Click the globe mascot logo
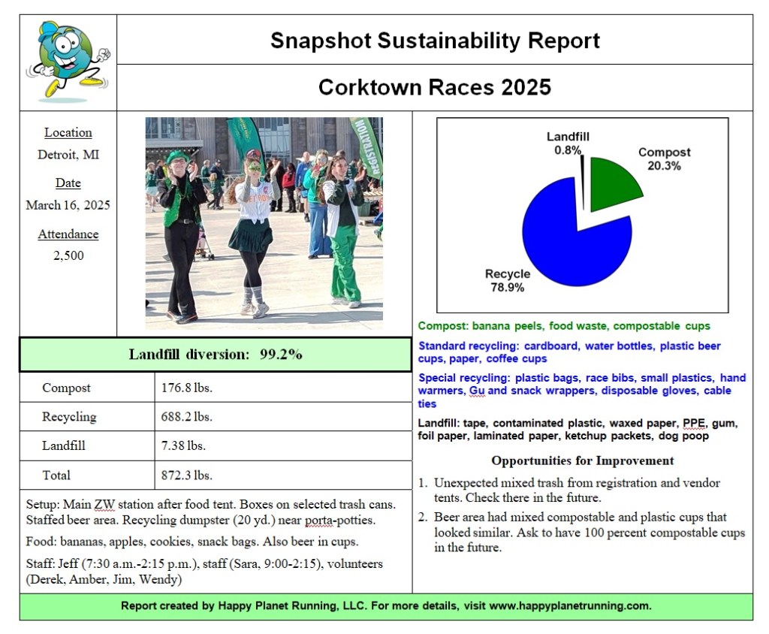68,60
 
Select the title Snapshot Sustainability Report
435,40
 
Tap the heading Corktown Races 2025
435,87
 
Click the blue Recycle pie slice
571,240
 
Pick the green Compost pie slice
612,185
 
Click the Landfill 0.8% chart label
567,143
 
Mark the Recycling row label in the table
69,417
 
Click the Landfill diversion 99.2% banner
216,355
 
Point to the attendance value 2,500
68,255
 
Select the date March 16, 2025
68,205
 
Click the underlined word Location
68,133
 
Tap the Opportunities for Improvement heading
582,460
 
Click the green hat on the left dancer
176,156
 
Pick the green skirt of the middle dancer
251,236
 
